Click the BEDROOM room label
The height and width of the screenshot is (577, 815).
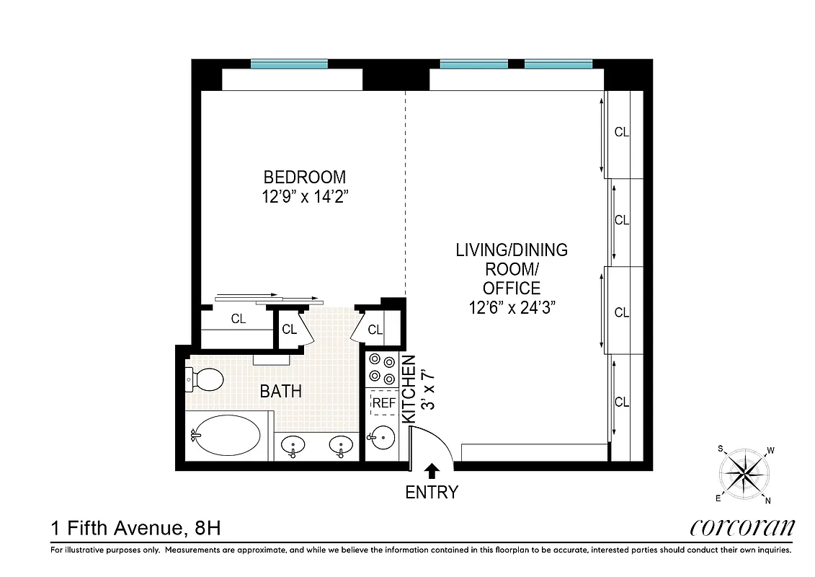coord(304,177)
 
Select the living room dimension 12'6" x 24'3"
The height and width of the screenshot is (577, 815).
coord(511,308)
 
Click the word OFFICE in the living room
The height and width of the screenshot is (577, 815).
coord(511,288)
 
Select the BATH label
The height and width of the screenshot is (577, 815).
coord(280,392)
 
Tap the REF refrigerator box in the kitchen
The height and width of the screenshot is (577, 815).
coord(383,404)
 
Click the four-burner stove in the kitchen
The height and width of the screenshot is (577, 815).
coord(382,369)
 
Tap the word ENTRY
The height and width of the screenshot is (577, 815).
coord(432,493)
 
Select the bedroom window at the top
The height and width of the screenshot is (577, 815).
coord(289,64)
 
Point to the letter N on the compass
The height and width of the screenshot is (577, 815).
coord(769,501)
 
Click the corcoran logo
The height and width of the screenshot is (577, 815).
coord(742,528)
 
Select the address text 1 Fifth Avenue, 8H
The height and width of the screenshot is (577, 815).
coord(135,529)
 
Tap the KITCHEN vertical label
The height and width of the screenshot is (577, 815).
coord(408,389)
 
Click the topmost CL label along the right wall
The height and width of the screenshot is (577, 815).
coord(622,132)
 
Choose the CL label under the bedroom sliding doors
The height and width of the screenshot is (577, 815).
coord(238,318)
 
